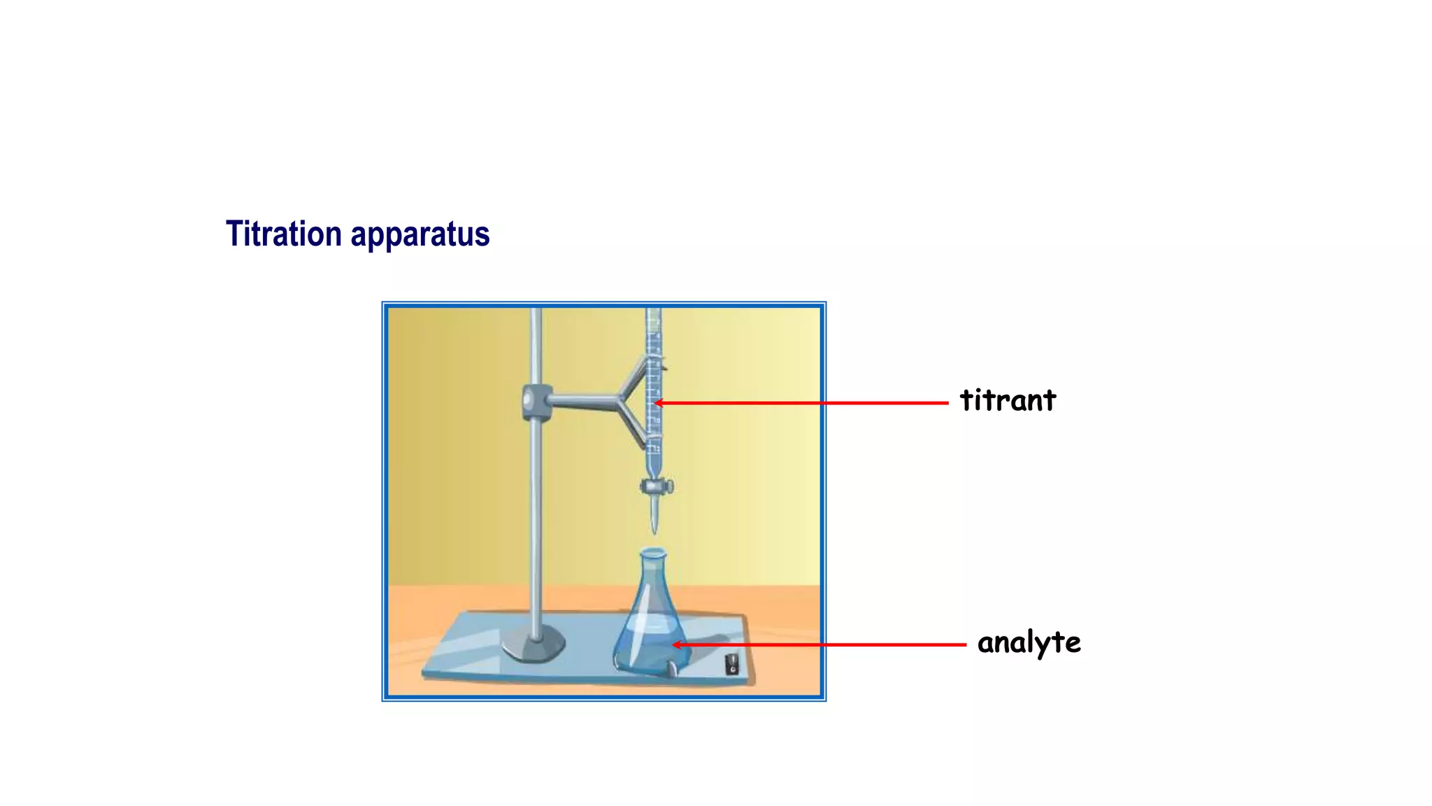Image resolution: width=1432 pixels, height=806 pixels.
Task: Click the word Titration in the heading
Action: (x=284, y=234)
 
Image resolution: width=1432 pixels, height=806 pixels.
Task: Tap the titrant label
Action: (x=1008, y=400)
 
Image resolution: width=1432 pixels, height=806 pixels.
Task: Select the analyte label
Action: (x=1029, y=642)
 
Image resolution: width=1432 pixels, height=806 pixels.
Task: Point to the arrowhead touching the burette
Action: (x=659, y=403)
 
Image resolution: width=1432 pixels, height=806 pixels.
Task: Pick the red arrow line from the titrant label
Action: (x=804, y=403)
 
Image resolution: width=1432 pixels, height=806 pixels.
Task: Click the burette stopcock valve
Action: (x=657, y=486)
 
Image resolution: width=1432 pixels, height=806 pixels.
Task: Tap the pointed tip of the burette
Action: (x=654, y=528)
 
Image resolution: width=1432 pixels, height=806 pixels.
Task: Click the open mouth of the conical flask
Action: (x=653, y=553)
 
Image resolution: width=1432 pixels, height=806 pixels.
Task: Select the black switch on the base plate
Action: (x=732, y=663)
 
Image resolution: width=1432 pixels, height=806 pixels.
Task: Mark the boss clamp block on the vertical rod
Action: (x=534, y=402)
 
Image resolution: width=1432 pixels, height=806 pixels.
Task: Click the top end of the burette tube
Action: (x=653, y=313)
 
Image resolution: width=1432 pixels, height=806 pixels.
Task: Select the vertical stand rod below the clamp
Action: (x=536, y=525)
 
